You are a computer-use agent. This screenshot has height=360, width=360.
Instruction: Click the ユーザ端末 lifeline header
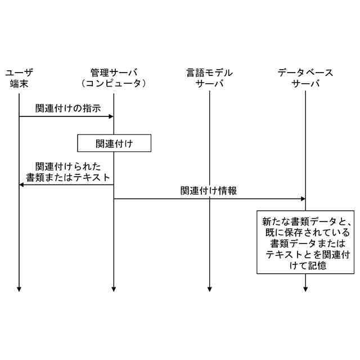(x=19, y=78)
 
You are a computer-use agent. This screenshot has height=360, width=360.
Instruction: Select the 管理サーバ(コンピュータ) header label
(x=114, y=78)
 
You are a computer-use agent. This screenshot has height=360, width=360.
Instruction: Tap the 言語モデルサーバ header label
(x=209, y=78)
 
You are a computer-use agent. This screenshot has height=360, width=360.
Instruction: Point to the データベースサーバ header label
(x=305, y=78)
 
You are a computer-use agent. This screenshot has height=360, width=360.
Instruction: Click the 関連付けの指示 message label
(x=68, y=109)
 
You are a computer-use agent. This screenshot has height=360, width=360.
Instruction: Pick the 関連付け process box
(x=115, y=143)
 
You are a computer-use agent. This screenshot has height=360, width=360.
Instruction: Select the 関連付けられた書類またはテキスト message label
(x=68, y=172)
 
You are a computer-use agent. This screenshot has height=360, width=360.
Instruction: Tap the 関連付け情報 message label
(x=209, y=191)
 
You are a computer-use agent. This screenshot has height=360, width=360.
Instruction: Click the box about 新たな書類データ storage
(x=306, y=242)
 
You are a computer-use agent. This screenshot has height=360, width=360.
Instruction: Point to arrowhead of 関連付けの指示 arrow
(x=111, y=116)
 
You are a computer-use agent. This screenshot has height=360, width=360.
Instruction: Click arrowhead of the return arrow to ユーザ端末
(x=22, y=184)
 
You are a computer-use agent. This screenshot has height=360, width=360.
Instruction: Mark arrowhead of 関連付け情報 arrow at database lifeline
(x=303, y=199)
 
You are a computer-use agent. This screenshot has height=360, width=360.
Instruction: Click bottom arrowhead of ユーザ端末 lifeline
(x=19, y=289)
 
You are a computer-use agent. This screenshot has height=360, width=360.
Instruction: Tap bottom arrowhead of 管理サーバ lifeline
(x=114, y=289)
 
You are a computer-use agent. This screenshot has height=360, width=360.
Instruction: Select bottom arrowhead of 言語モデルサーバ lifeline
(x=209, y=289)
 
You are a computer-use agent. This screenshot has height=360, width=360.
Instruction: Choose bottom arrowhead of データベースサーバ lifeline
(x=305, y=289)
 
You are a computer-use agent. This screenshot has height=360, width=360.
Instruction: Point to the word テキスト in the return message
(x=91, y=178)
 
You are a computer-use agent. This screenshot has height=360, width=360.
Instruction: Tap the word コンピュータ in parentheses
(x=114, y=84)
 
